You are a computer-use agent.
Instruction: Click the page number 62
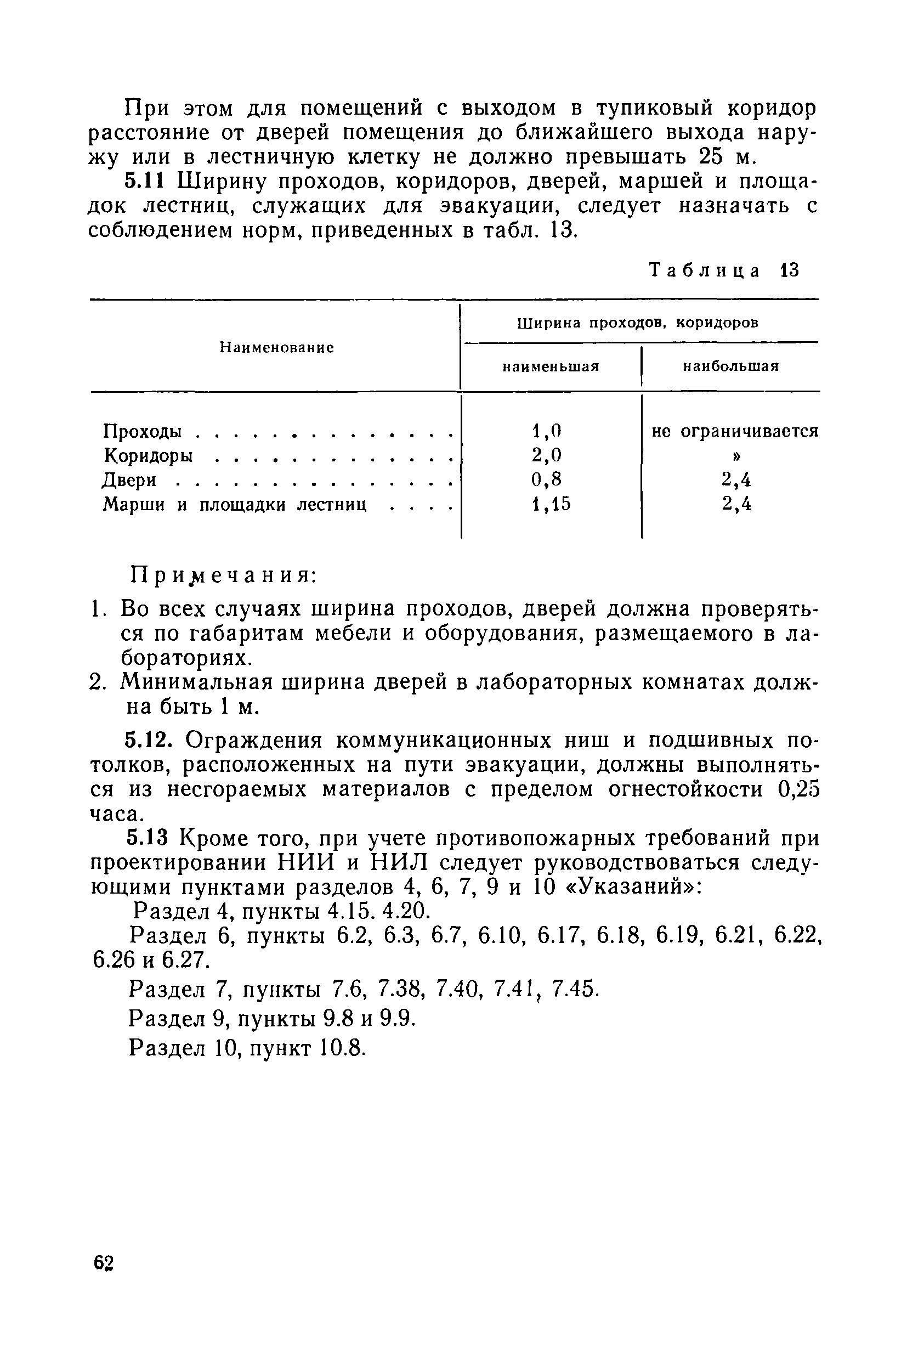click(x=104, y=1264)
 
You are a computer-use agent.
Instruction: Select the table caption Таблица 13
click(x=724, y=270)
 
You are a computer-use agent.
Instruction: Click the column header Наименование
click(x=276, y=348)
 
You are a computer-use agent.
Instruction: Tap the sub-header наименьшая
click(x=550, y=366)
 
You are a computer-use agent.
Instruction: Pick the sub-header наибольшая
click(x=730, y=366)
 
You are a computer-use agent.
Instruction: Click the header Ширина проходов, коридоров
click(x=637, y=323)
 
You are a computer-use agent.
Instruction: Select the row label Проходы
click(x=142, y=431)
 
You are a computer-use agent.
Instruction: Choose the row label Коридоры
click(x=148, y=456)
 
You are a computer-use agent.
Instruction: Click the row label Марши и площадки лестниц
click(x=234, y=505)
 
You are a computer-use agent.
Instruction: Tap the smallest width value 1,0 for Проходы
click(x=547, y=431)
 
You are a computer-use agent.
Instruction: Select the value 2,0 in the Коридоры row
click(x=547, y=455)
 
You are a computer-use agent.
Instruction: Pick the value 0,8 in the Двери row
click(x=547, y=479)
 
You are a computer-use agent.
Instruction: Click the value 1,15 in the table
click(x=551, y=505)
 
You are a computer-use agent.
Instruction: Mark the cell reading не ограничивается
click(x=735, y=431)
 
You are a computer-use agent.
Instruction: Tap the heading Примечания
click(x=223, y=575)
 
